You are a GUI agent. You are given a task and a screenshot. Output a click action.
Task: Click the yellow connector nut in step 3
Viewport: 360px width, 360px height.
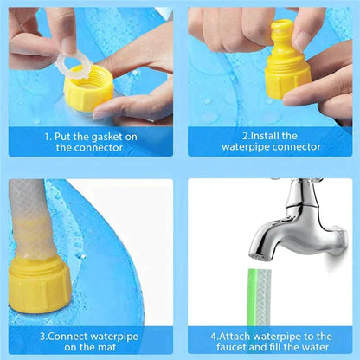38,290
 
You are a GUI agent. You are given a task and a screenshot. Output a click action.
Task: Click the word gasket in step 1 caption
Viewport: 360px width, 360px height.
119,136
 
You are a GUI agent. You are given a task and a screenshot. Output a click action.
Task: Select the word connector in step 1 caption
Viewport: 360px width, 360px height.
101,148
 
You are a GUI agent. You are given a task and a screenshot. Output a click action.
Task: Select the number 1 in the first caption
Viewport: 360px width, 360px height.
48,136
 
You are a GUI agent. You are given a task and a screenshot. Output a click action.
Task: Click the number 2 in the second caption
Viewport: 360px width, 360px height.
245,136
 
